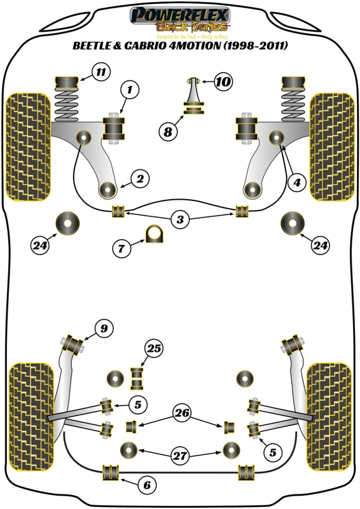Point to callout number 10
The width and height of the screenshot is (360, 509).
pos(223,81)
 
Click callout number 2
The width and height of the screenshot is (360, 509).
pos(141,179)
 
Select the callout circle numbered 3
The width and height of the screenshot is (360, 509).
pos(181,220)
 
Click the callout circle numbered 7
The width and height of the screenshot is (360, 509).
pos(122,249)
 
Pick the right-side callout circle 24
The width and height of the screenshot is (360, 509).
pos(321,244)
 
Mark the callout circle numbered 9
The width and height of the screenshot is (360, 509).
pos(103,328)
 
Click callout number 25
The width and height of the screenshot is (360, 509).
pos(154,348)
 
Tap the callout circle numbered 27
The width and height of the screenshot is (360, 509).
pos(180,454)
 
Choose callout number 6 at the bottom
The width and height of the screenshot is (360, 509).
pos(147,485)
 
